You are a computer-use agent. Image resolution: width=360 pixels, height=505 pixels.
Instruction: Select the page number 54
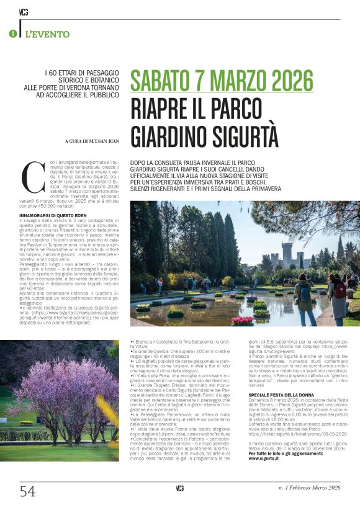[x=27, y=491]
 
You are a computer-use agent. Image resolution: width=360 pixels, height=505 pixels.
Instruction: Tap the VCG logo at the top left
[x=23, y=12]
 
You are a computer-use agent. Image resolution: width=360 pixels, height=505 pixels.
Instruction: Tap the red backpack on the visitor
[x=340, y=289]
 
